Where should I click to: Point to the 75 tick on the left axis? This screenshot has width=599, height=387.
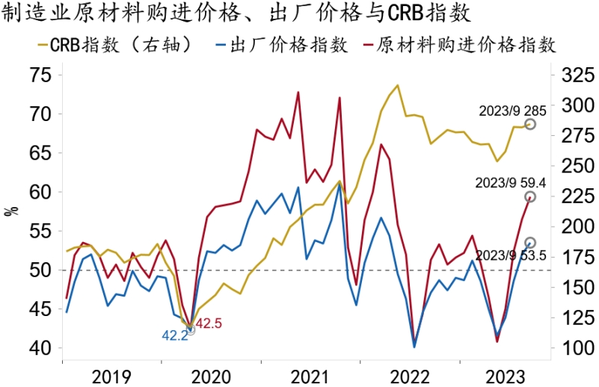tap(41, 75)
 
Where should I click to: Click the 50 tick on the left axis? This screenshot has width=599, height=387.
tap(41, 270)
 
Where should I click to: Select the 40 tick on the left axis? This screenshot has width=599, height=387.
tap(41, 348)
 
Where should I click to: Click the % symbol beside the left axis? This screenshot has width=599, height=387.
tap(11, 210)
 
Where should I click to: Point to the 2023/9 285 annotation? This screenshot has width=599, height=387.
tap(508, 110)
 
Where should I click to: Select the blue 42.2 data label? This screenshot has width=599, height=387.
tap(175, 335)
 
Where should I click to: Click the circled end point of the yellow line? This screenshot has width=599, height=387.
tap(530, 124)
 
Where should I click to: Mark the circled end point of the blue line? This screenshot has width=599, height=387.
tap(530, 243)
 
